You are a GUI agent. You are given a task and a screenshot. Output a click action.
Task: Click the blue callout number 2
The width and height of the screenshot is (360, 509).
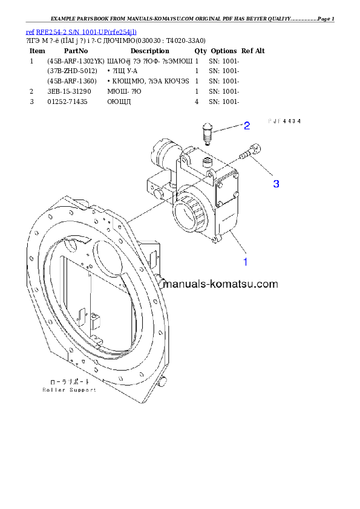coord(247,126)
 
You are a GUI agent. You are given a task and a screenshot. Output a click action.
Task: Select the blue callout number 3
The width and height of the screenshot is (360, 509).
coord(276,183)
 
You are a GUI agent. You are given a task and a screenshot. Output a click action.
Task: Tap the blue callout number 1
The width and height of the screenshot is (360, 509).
coord(246,262)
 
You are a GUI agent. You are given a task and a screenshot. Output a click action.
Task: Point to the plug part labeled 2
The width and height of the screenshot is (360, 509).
coord(207,134)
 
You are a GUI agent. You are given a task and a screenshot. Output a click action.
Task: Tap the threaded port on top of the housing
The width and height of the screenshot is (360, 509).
coord(208,161)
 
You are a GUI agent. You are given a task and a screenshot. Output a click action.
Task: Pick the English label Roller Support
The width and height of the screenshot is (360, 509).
coord(69,390)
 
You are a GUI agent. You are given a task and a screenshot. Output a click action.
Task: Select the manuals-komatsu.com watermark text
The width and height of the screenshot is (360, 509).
coord(221,284)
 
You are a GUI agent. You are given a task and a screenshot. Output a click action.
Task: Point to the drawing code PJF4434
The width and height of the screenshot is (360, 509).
coord(284,121)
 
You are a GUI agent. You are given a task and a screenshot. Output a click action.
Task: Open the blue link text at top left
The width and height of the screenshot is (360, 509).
coord(81,31)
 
